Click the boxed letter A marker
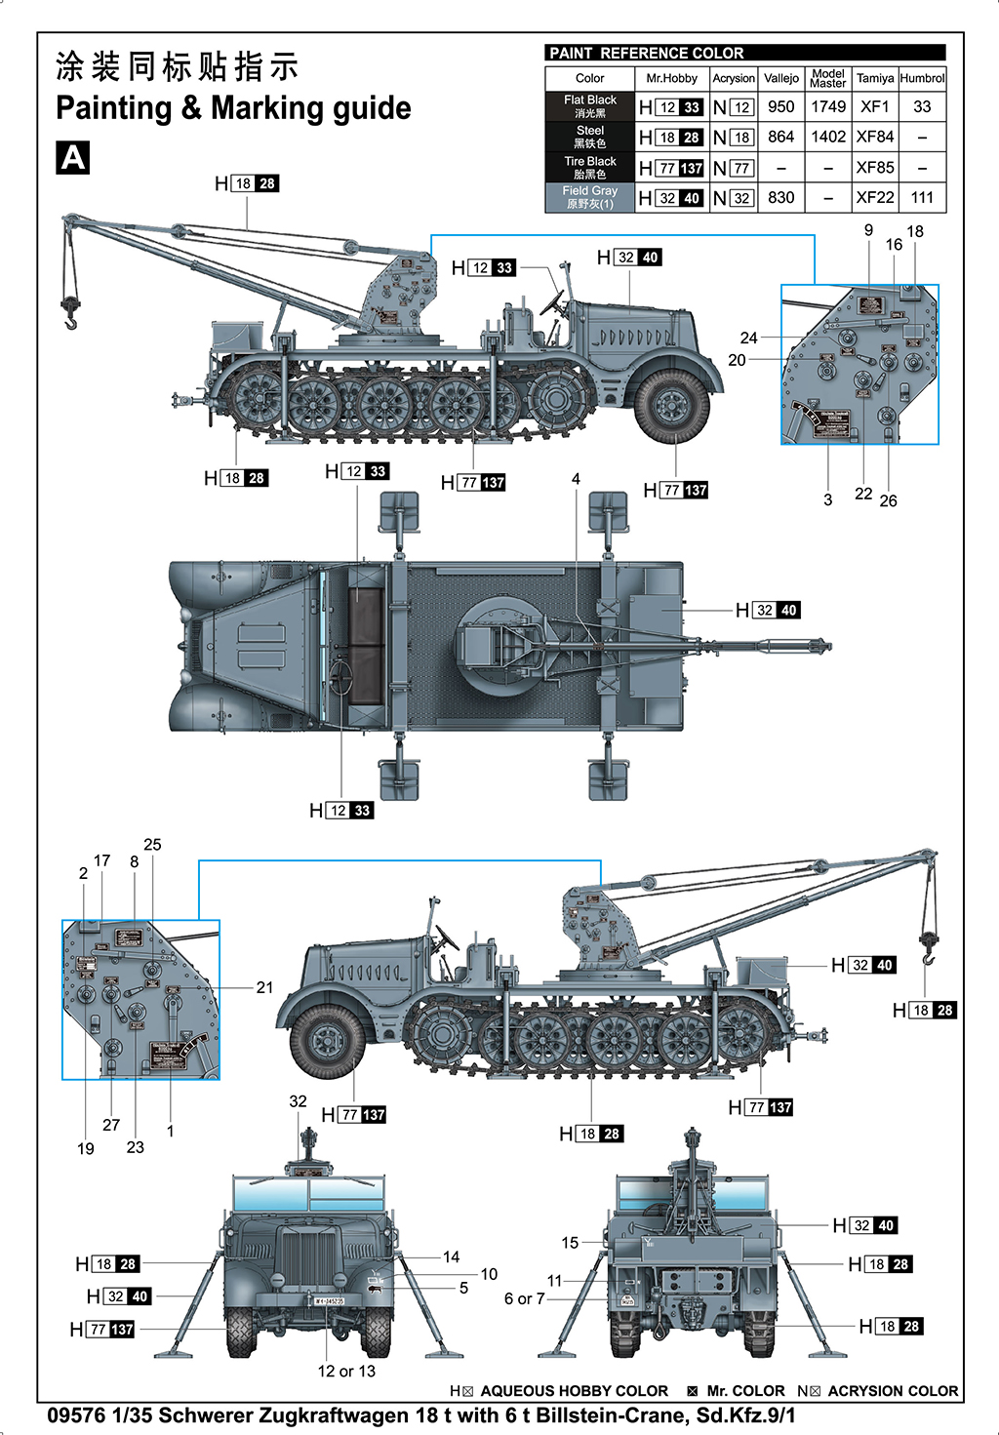(x=73, y=157)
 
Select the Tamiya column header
(x=874, y=78)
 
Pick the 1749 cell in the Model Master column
(x=828, y=106)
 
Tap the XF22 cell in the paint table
(x=874, y=197)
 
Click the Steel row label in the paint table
(x=589, y=137)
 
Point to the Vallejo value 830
(x=780, y=197)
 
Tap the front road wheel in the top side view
(x=671, y=404)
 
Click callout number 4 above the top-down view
(x=576, y=479)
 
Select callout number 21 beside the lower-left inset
(x=264, y=987)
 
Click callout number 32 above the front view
(x=298, y=1100)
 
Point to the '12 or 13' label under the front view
(x=345, y=1371)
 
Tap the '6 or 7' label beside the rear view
(x=524, y=1298)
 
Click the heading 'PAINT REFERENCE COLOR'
(x=646, y=53)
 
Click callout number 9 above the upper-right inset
(x=868, y=230)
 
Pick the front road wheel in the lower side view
(x=328, y=1041)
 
